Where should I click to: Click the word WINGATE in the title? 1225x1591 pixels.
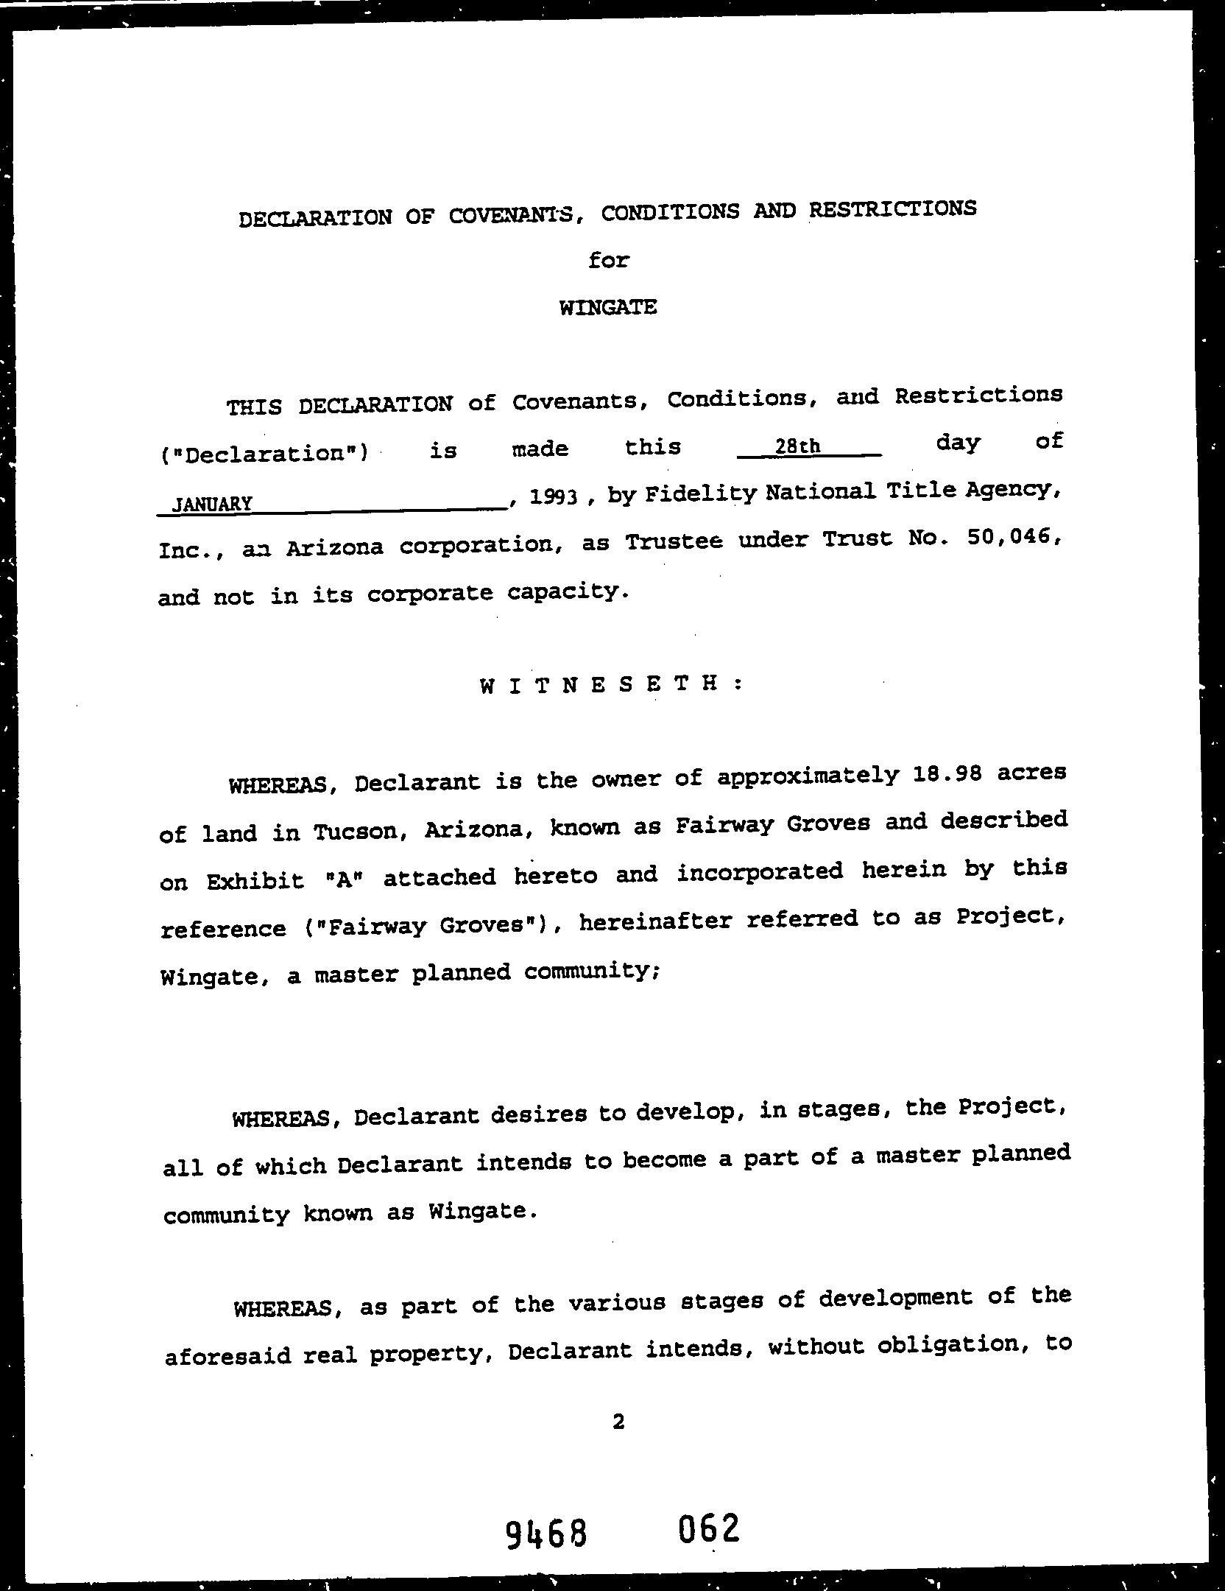tap(608, 307)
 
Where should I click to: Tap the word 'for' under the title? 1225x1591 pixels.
tap(609, 261)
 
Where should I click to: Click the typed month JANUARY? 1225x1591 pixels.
tap(212, 505)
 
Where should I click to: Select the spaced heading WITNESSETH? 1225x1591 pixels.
tap(611, 684)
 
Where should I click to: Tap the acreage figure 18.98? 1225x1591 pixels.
tap(945, 776)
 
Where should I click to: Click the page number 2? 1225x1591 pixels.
tap(618, 1422)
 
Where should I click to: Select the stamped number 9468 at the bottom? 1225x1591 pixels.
tap(546, 1535)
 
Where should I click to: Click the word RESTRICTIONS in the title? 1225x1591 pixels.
tap(892, 209)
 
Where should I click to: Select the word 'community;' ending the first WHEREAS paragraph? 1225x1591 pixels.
tap(587, 972)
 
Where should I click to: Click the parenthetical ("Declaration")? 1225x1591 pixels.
tap(263, 452)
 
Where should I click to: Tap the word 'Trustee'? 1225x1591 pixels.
tap(673, 541)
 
